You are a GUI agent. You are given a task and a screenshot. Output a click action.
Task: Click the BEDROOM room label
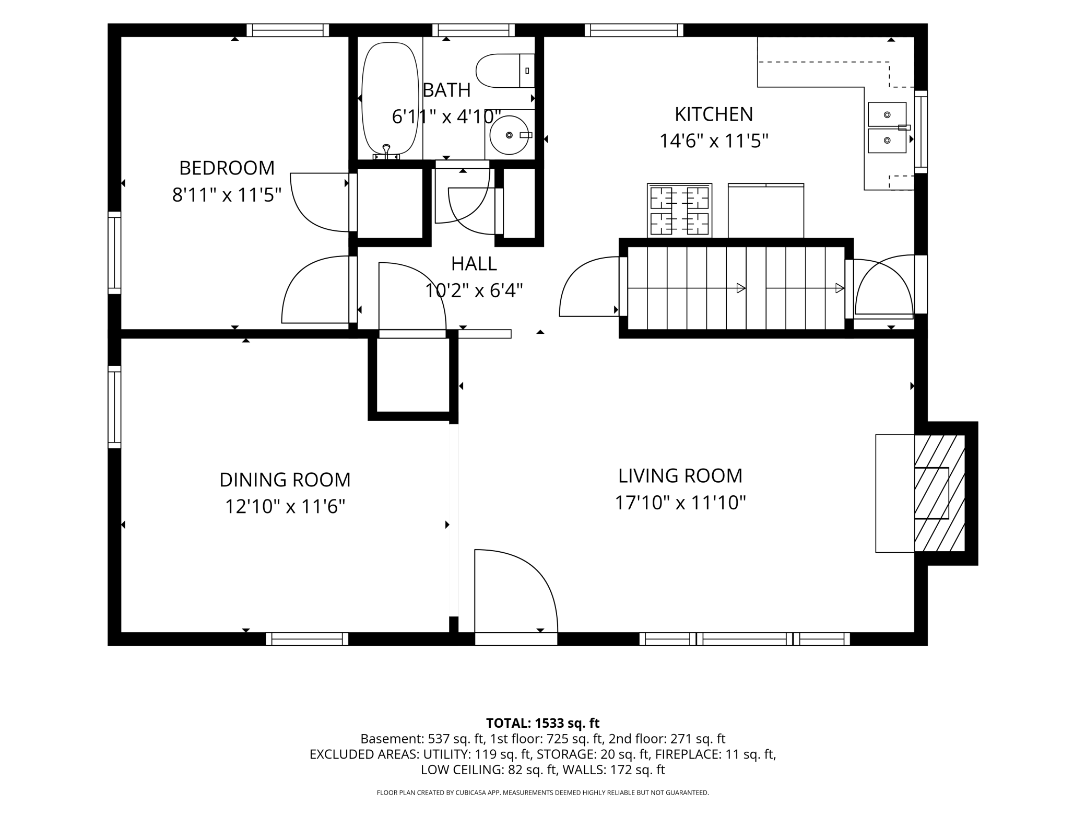coord(227,168)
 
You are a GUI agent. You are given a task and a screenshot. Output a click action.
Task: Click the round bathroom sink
coord(509,135)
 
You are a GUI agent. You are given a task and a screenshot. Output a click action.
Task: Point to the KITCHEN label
coord(714,114)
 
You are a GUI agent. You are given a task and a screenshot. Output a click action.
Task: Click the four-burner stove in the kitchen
coord(679,211)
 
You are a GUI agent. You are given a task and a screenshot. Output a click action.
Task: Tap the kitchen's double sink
coord(887,127)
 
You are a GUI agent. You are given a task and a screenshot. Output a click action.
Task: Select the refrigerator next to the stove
coord(766,211)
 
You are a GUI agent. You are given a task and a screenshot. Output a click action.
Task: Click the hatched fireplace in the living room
coord(939,493)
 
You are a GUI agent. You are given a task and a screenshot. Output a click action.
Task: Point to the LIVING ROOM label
coord(680,476)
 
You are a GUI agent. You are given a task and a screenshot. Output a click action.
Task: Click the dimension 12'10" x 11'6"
coord(285,506)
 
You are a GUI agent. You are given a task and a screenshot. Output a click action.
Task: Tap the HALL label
coord(474,264)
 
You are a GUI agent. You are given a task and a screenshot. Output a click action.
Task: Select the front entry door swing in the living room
coord(516,591)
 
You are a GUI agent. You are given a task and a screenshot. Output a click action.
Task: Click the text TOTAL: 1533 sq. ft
coord(542,723)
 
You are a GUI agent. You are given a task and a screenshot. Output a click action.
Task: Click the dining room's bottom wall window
coord(307,639)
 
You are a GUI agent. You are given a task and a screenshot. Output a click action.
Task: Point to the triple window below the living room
coord(745,639)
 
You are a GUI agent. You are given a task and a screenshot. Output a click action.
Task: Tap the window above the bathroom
coord(474,30)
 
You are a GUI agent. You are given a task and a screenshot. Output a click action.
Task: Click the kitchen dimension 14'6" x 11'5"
coord(714,141)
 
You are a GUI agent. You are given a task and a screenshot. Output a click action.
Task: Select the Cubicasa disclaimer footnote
coord(542,793)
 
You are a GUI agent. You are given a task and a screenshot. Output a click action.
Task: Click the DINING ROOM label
coord(285,480)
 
